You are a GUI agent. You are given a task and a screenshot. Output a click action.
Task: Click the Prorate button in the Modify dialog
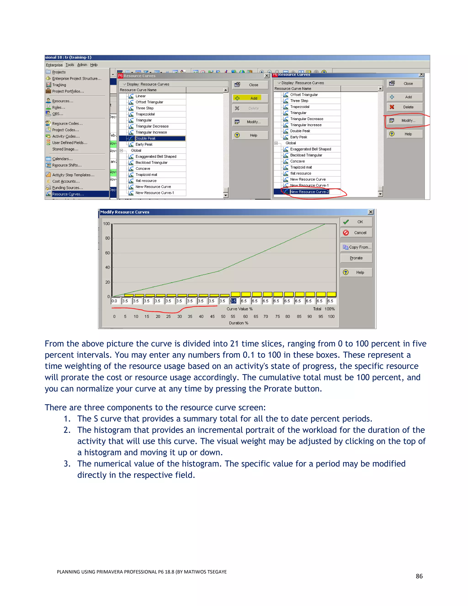[x=356, y=258]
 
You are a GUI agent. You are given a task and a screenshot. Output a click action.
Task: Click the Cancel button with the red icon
[x=356, y=233]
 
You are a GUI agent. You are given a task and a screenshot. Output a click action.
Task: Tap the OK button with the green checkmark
[x=356, y=222]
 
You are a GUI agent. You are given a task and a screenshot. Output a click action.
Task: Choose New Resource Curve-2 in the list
[x=309, y=192]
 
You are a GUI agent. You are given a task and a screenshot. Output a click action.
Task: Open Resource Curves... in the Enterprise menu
[x=68, y=194]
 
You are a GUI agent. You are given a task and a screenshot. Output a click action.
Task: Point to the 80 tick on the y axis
[x=108, y=238]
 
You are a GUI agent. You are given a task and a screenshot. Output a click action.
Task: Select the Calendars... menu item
[x=62, y=159]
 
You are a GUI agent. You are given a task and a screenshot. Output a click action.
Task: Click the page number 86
[x=419, y=576]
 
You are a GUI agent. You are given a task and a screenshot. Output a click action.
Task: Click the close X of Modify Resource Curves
[x=370, y=212]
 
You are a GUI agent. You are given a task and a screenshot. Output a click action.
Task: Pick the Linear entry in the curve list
[x=141, y=96]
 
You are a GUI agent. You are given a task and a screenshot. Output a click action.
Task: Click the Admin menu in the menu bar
[x=82, y=65]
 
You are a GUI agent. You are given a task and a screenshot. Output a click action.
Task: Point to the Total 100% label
[x=324, y=309]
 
